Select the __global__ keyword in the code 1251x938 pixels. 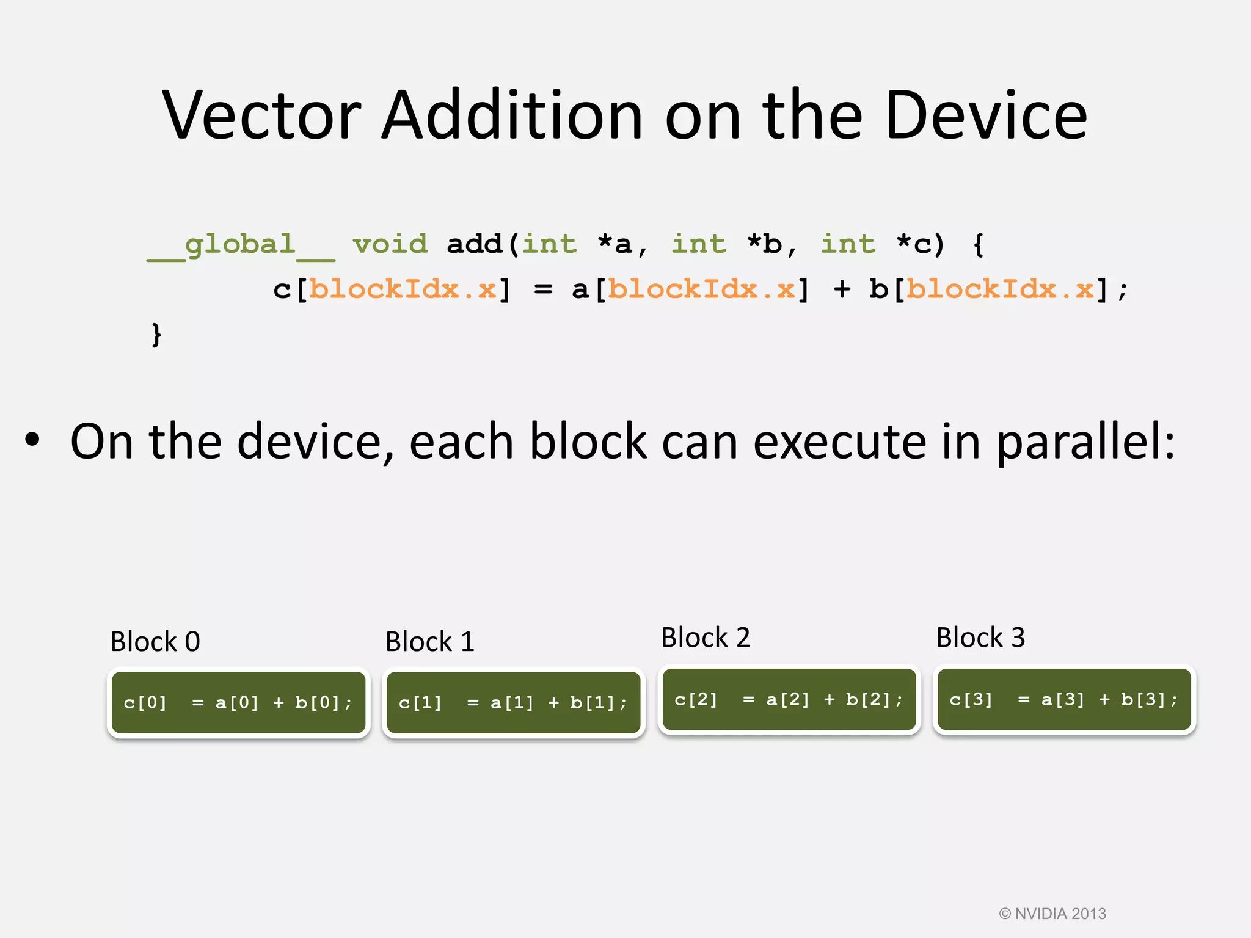click(241, 245)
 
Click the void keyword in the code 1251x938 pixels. click(390, 244)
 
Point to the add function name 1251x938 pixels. click(474, 244)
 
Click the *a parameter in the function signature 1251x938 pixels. click(615, 244)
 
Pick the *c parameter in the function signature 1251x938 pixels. click(914, 244)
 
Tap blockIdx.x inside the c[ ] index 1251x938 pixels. click(403, 289)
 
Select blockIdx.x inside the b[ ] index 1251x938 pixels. click(1000, 289)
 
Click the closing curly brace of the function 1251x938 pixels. click(156, 335)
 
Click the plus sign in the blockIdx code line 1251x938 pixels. click(842, 289)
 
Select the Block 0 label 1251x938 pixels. click(155, 642)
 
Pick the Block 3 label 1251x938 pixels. click(980, 638)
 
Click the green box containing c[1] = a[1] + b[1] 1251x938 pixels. click(514, 703)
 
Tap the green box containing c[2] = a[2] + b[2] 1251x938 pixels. click(789, 700)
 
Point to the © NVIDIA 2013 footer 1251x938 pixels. click(1052, 914)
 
